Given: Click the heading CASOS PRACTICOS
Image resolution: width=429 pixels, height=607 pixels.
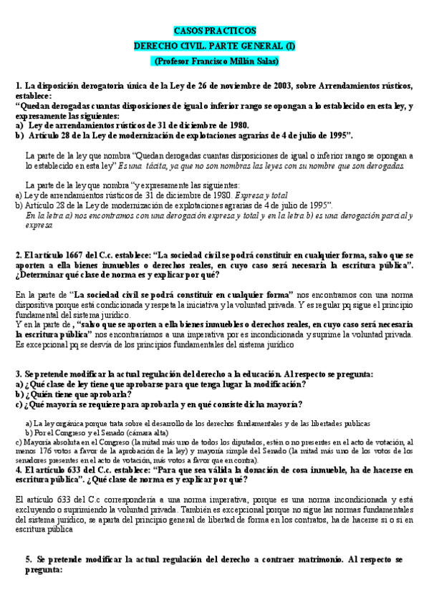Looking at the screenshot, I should [214, 31].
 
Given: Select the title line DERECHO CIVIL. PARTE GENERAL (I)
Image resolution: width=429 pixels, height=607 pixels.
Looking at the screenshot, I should [214, 46].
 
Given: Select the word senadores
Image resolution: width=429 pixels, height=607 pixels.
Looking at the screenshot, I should [32, 460].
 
